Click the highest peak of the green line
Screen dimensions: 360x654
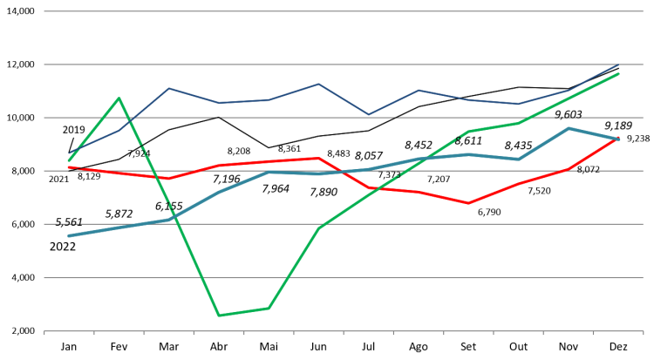click(x=119, y=98)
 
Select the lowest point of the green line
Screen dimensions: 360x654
click(x=218, y=316)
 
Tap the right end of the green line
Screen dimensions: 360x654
click(x=619, y=74)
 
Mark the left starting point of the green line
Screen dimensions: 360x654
click(x=69, y=160)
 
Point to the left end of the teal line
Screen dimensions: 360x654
click(x=69, y=235)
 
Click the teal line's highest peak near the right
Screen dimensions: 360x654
click(x=569, y=128)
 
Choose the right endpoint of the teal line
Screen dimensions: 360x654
click(x=619, y=139)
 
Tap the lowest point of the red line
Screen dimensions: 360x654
click(x=468, y=203)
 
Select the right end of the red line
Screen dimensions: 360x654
click(x=619, y=138)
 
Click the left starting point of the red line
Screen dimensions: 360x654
click(x=69, y=166)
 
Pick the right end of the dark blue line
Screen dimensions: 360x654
click(x=619, y=65)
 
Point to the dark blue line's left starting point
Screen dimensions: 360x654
click(x=69, y=153)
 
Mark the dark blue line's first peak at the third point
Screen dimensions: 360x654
click(x=168, y=88)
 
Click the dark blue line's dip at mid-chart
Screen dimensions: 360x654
click(x=368, y=114)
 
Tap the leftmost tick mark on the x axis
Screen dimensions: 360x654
click(x=44, y=332)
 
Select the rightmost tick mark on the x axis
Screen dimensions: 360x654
click(x=643, y=332)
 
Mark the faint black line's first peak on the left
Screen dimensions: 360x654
click(x=218, y=116)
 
